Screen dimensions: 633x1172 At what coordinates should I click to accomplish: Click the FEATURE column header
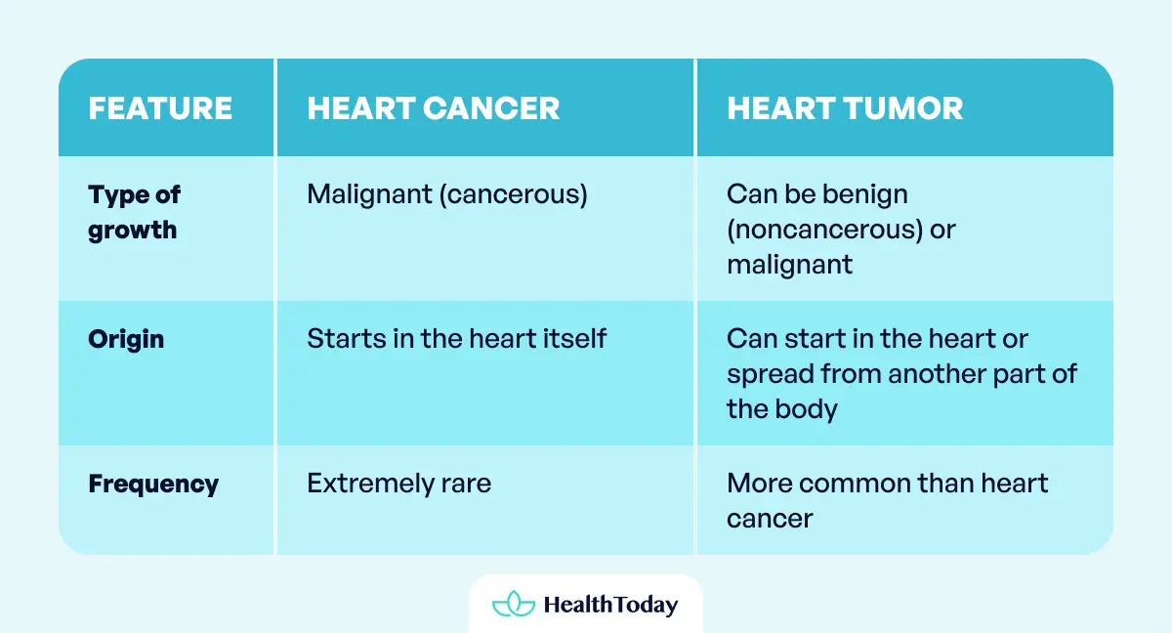pyautogui.click(x=160, y=108)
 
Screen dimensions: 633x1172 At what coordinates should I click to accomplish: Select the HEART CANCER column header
pyautogui.click(x=434, y=108)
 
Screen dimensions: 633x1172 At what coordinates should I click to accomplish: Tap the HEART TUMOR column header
pyautogui.click(x=845, y=108)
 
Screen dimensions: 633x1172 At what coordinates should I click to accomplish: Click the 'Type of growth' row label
pyautogui.click(x=135, y=212)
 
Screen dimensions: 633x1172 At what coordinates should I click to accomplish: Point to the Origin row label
pyautogui.click(x=126, y=340)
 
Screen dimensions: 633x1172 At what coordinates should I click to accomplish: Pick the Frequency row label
pyautogui.click(x=153, y=484)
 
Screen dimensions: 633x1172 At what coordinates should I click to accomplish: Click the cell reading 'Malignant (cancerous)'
pyautogui.click(x=447, y=194)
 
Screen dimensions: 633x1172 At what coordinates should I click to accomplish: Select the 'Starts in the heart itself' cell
pyautogui.click(x=457, y=339)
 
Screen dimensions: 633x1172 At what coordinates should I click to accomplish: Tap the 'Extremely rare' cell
pyautogui.click(x=398, y=484)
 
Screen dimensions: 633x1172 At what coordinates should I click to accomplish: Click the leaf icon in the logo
pyautogui.click(x=513, y=605)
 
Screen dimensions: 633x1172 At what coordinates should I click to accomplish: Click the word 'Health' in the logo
pyautogui.click(x=578, y=605)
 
